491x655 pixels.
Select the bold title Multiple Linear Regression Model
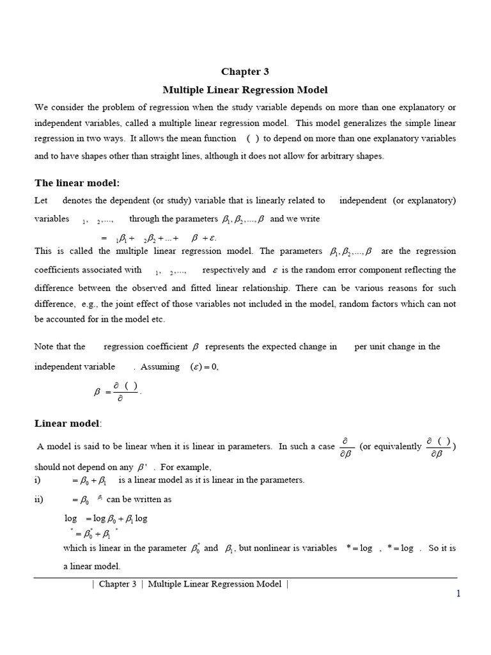[245, 90]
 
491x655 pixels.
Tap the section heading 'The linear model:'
[77, 183]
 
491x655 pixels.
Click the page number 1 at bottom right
[458, 594]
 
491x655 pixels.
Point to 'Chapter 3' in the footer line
[118, 583]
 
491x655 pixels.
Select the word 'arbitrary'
[333, 156]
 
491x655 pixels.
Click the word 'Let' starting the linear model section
[41, 200]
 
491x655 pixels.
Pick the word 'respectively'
[225, 270]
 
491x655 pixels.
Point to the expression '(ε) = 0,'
[204, 367]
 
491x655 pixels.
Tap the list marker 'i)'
[37, 480]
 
